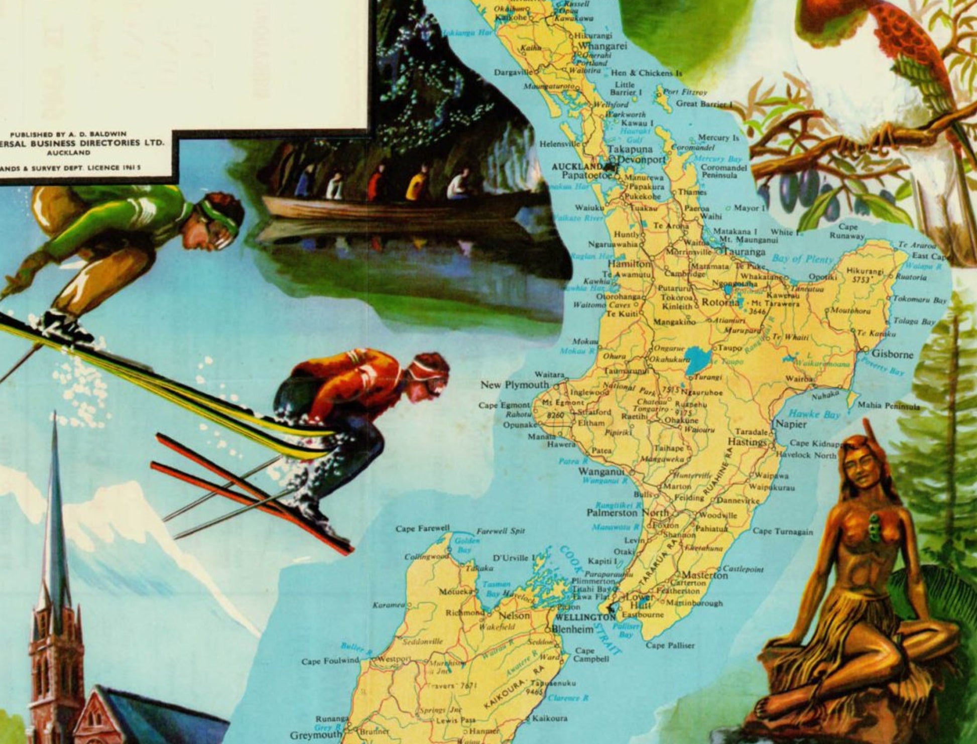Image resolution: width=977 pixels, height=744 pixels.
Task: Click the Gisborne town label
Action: tap(893, 354)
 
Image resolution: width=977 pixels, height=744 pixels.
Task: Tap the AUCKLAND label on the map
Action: tap(577, 167)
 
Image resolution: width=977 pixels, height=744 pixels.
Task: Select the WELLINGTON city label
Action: tap(586, 617)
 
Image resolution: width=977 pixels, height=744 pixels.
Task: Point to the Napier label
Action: tap(791, 424)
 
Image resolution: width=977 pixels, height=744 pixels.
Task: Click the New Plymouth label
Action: tap(515, 385)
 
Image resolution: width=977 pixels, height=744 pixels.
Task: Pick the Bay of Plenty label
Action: tap(802, 259)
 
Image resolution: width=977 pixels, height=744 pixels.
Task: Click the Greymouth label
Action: tap(315, 735)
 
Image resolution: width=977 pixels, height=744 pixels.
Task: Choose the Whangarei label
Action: tap(603, 46)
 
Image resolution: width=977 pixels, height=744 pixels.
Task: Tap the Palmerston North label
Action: tap(628, 513)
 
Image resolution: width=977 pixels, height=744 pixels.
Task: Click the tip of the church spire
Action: tap(54, 415)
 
